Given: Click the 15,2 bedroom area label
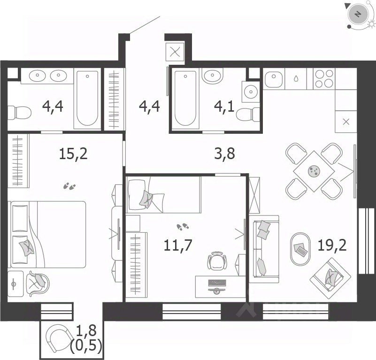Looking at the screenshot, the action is click(x=73, y=153).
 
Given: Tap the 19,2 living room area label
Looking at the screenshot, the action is click(x=332, y=245).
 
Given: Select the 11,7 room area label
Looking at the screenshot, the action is click(x=178, y=245).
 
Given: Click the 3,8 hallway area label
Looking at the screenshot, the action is click(x=224, y=153).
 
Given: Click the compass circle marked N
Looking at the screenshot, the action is click(x=358, y=14).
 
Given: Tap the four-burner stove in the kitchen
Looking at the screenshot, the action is click(x=324, y=78).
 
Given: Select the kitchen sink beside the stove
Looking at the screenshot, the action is click(x=274, y=78).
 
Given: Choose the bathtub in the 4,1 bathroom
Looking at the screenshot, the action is click(x=185, y=99).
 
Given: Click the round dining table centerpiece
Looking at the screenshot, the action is click(x=314, y=171).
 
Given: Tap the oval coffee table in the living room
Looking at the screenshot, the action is click(x=300, y=249).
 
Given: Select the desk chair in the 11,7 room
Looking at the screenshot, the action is click(x=217, y=260).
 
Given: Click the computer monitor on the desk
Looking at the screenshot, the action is click(x=217, y=283).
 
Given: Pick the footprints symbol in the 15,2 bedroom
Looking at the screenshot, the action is click(x=69, y=186).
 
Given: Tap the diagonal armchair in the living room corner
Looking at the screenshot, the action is click(x=330, y=275).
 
